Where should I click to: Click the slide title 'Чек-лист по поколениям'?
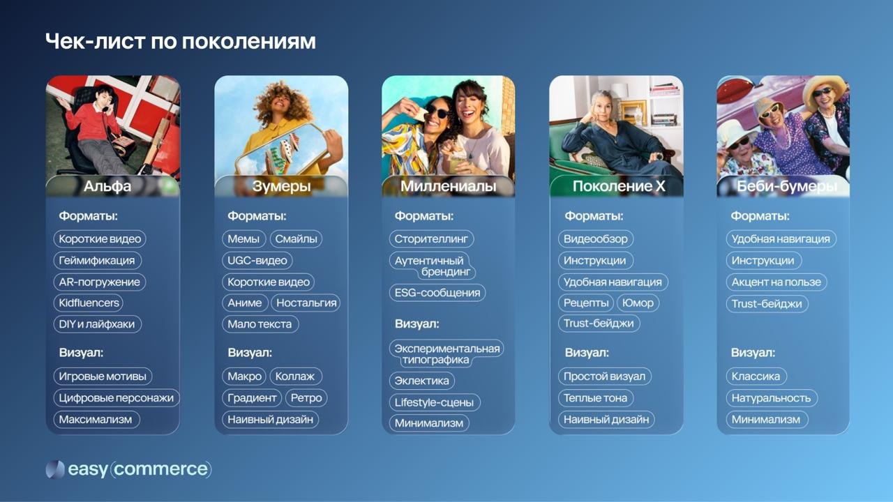(181, 41)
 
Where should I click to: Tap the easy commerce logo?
(128, 469)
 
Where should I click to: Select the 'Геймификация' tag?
(97, 261)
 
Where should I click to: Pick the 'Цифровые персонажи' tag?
(117, 398)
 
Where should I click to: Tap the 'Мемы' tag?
(243, 239)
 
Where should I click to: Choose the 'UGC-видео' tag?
(257, 261)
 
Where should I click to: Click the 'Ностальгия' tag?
(306, 303)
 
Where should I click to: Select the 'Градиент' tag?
(252, 398)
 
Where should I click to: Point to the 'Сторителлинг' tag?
(430, 239)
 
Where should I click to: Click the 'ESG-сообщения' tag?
(437, 293)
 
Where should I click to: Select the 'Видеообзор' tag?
(595, 239)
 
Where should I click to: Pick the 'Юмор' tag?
(638, 303)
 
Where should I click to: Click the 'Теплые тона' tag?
(595, 398)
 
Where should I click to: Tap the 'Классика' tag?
(756, 376)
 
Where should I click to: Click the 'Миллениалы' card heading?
(448, 186)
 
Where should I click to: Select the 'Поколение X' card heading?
(619, 186)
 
